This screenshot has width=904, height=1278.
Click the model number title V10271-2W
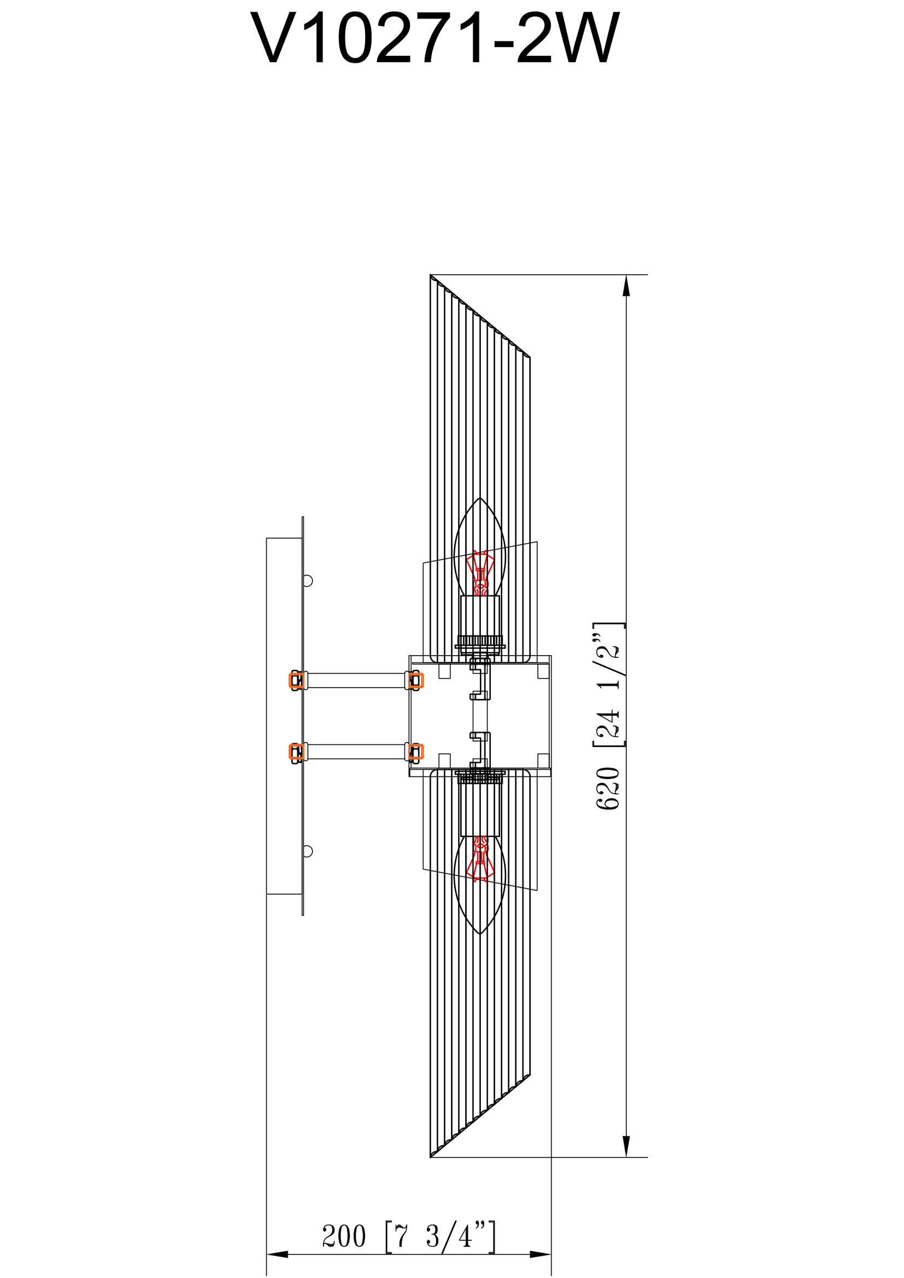[x=435, y=39]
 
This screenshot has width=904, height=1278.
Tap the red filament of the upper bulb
[x=480, y=574]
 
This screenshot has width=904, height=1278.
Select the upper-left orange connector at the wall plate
[x=296, y=681]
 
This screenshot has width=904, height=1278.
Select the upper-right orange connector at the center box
[x=415, y=681]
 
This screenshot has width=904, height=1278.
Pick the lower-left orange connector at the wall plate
[x=296, y=752]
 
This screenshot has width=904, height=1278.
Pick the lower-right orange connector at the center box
[x=415, y=752]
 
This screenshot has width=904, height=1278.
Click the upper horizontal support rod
[x=356, y=681]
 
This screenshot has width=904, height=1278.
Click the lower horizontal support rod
[x=356, y=752]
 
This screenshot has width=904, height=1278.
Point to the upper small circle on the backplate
[x=307, y=581]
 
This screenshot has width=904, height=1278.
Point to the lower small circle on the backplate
[x=307, y=851]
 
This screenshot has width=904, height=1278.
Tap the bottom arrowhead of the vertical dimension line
[x=626, y=1147]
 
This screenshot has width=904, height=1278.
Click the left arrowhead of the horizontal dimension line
[x=277, y=1255]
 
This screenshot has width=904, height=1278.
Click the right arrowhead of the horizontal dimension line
[x=540, y=1255]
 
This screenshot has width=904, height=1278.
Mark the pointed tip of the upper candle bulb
[x=480, y=499]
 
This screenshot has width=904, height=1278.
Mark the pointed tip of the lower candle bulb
[x=480, y=933]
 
